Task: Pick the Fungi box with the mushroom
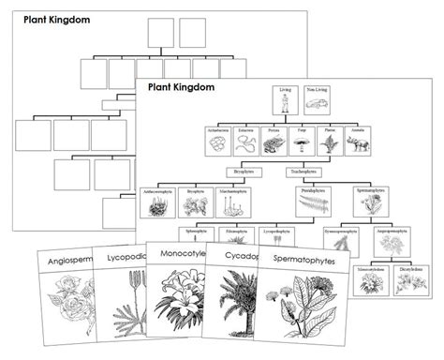303,142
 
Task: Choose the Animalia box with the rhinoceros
359,142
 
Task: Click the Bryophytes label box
243,172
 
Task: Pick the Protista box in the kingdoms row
274,142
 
